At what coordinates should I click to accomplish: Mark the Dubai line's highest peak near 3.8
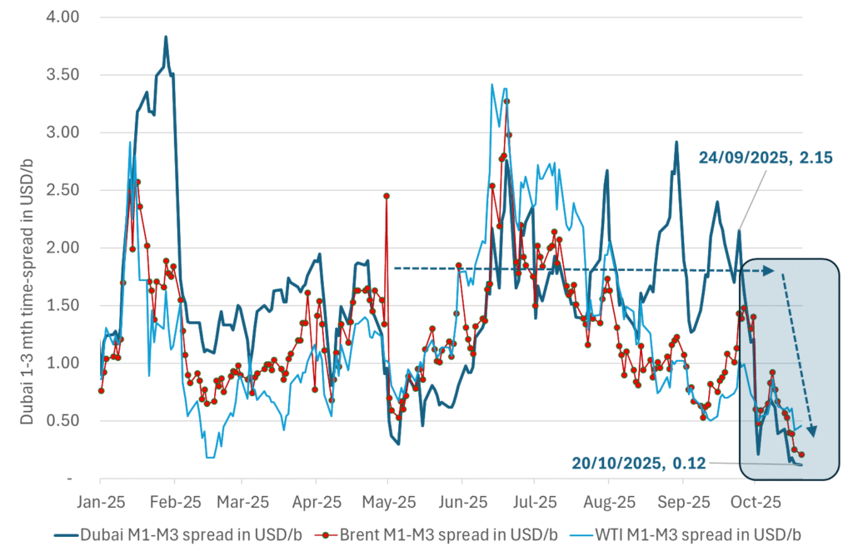166,37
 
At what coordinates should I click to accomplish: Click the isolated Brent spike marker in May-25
387,195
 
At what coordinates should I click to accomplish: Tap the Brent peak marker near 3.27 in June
506,102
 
